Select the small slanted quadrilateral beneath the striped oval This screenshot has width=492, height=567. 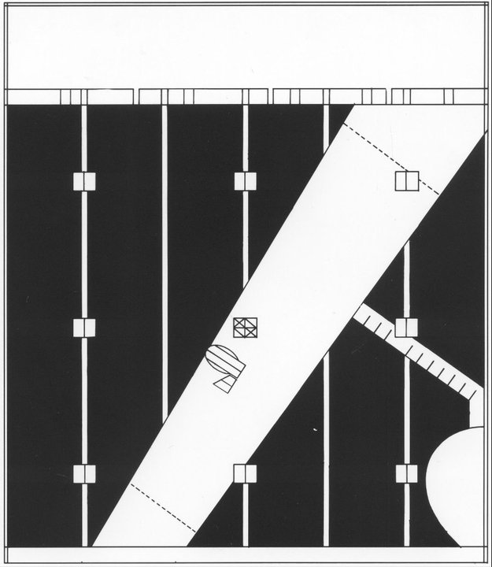pyautogui.click(x=228, y=384)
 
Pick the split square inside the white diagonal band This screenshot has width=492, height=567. pyautogui.click(x=406, y=181)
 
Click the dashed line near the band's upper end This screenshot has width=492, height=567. pyautogui.click(x=390, y=158)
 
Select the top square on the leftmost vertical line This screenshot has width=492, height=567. pyautogui.click(x=83, y=181)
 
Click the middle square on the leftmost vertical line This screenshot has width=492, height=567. pyautogui.click(x=83, y=328)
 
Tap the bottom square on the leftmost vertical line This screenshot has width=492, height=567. pyautogui.click(x=83, y=473)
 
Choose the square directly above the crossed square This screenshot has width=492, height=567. pyautogui.click(x=246, y=181)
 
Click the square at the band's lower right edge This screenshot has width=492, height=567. pyautogui.click(x=246, y=473)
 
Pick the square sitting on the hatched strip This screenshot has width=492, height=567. pyautogui.click(x=406, y=328)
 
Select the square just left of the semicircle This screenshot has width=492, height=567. pyautogui.click(x=406, y=473)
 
